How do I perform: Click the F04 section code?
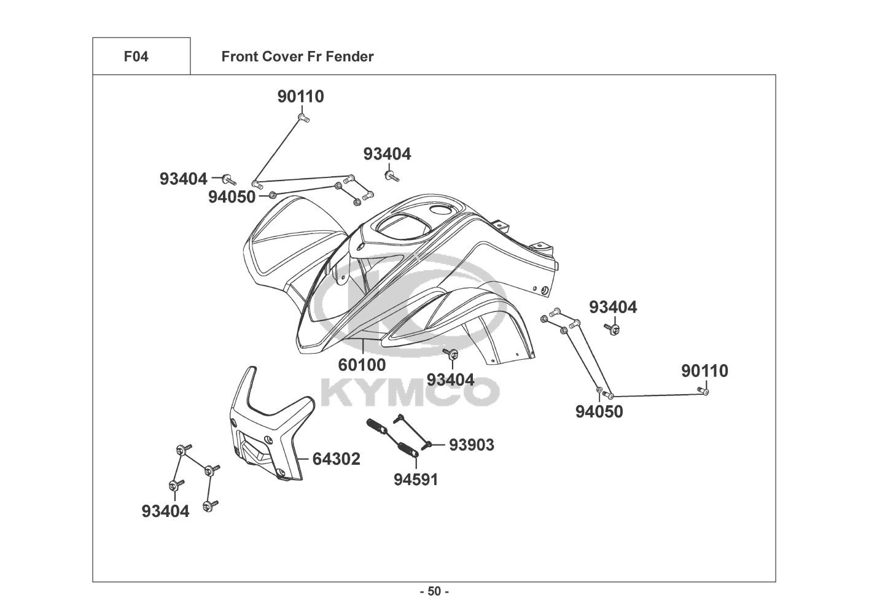[x=136, y=56]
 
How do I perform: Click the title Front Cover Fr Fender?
[x=297, y=56]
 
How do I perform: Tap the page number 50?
[x=434, y=592]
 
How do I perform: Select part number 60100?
[x=362, y=365]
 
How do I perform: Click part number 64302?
[x=336, y=459]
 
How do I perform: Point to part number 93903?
[x=471, y=445]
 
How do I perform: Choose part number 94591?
[x=416, y=479]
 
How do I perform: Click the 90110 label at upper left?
[x=300, y=96]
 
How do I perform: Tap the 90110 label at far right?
[x=704, y=371]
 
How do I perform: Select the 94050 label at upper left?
[x=232, y=197]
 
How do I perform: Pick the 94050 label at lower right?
[x=599, y=411]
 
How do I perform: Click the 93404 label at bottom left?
[x=165, y=510]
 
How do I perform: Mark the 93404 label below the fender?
[x=450, y=379]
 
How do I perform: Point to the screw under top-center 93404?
[x=390, y=176]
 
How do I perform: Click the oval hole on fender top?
[x=440, y=211]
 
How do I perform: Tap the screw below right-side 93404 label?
[x=612, y=330]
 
